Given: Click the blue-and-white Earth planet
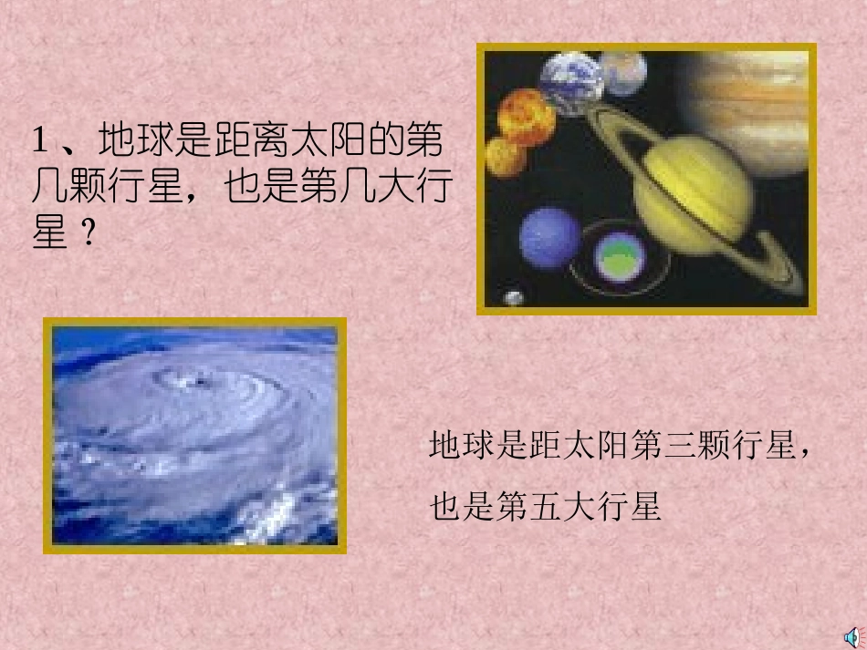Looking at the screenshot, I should pyautogui.click(x=569, y=84).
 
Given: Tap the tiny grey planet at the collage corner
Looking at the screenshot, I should pyautogui.click(x=514, y=297).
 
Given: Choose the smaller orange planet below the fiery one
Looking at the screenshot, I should pyautogui.click(x=505, y=158).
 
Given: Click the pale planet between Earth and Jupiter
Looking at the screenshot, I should pyautogui.click(x=623, y=73).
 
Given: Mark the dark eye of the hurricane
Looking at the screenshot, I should pyautogui.click(x=196, y=380).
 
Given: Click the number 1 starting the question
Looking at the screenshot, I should pyautogui.click(x=39, y=141).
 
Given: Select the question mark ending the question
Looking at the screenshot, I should pyautogui.click(x=89, y=234).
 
